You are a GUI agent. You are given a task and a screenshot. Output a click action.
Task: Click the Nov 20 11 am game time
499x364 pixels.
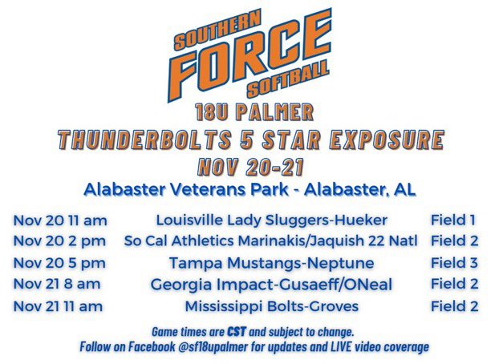coord(60,219)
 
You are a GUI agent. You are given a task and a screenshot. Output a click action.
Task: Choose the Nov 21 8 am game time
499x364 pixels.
coord(57,284)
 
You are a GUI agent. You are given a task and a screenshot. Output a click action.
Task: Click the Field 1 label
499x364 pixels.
coord(455,219)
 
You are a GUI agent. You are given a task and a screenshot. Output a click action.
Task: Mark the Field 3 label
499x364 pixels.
coord(455,262)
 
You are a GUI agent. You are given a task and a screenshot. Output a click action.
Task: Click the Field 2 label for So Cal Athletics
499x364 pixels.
coord(455,241)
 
